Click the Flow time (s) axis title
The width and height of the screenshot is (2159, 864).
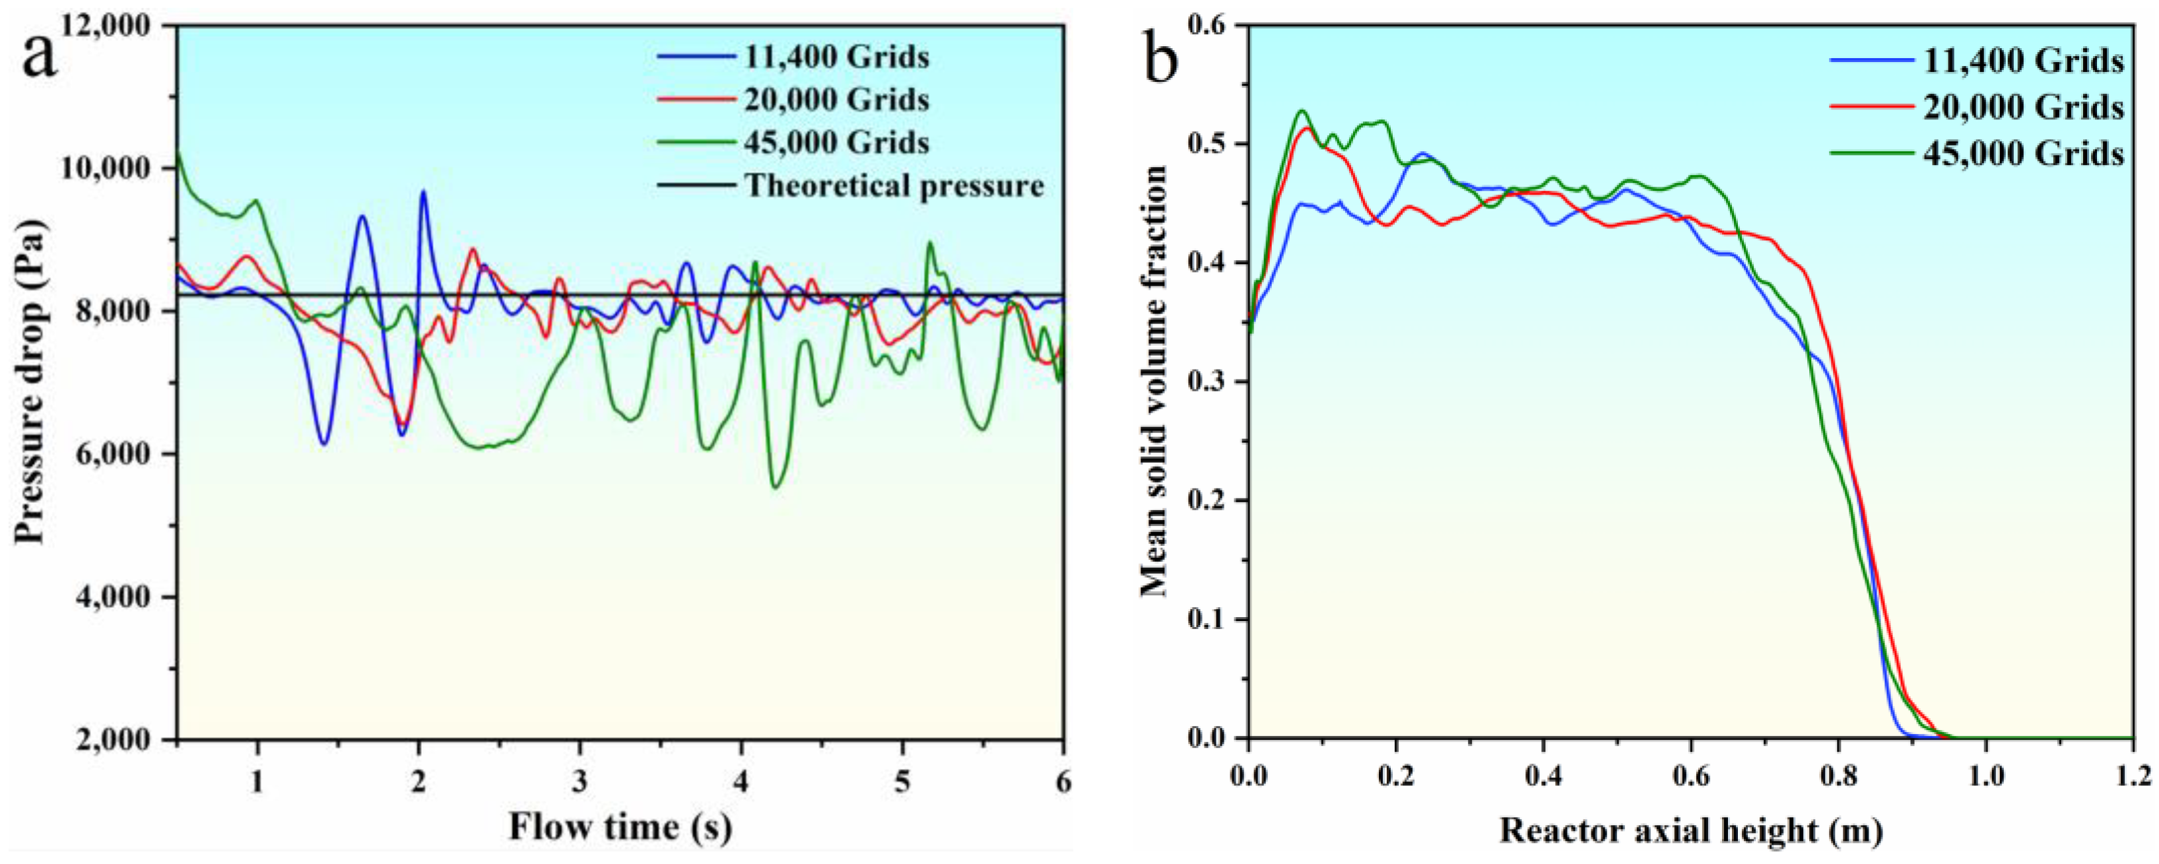pos(620,828)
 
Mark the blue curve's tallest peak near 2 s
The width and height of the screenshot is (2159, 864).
pos(423,192)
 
